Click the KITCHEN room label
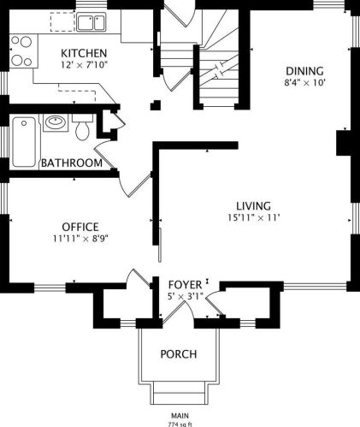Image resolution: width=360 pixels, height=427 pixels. click(x=84, y=53)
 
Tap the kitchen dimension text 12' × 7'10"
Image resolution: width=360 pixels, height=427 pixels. click(x=84, y=65)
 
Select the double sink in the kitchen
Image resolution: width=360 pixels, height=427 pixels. click(x=91, y=22)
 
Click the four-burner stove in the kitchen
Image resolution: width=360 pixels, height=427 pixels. click(x=23, y=51)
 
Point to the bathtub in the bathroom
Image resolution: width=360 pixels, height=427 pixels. click(x=24, y=142)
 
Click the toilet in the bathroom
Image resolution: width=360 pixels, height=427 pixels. click(x=83, y=128)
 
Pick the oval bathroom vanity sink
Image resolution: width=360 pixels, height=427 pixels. click(x=56, y=122)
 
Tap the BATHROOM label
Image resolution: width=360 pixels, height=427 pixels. click(x=72, y=163)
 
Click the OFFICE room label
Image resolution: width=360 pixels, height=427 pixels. click(x=80, y=227)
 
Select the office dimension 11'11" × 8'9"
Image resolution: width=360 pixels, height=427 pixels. click(x=80, y=239)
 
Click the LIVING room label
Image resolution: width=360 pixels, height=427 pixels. click(x=254, y=206)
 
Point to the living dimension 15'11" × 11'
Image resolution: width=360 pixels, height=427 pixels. click(x=254, y=217)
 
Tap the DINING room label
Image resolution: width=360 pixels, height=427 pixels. click(x=304, y=71)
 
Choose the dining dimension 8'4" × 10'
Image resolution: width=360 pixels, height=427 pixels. click(x=304, y=83)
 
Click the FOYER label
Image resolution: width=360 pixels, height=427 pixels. click(x=185, y=285)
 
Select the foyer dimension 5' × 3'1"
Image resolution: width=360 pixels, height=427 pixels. click(x=186, y=296)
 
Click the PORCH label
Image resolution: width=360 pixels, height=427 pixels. click(x=179, y=354)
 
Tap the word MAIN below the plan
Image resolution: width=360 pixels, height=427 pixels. click(x=180, y=416)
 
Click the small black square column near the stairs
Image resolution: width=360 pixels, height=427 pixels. click(x=156, y=105)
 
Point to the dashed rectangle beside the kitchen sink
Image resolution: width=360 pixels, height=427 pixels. click(x=62, y=22)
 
